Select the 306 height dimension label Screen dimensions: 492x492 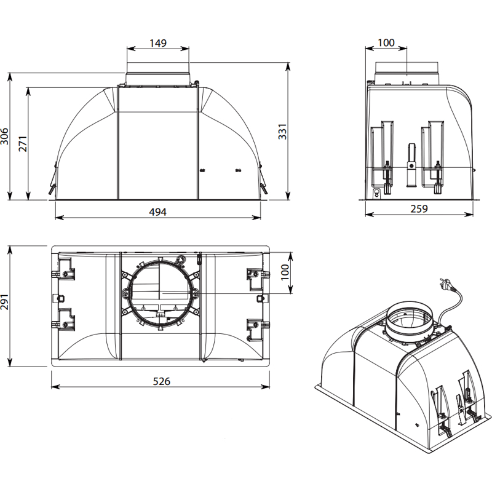(5, 136)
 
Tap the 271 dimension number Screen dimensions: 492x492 (22, 143)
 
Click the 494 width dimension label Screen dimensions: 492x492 (158, 212)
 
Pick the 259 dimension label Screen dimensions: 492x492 (418, 208)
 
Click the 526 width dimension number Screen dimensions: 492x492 (161, 381)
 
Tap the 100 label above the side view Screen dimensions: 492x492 (386, 43)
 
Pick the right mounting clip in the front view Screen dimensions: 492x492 (263, 181)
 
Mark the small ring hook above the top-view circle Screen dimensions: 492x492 (182, 260)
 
